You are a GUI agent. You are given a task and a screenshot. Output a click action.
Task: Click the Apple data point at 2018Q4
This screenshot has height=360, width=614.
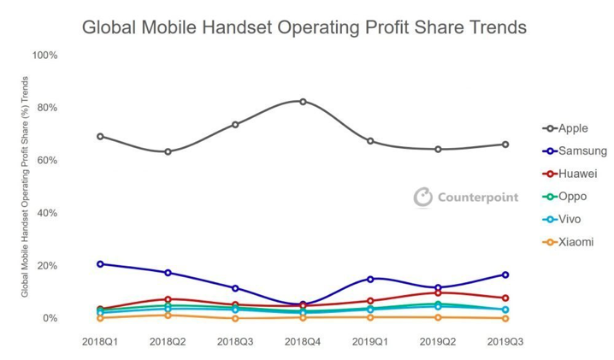pos(303,101)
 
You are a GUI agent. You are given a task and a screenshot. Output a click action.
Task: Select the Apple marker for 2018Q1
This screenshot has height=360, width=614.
pos(101,136)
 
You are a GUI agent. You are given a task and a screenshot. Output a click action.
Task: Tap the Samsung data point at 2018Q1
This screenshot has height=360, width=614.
pos(101,263)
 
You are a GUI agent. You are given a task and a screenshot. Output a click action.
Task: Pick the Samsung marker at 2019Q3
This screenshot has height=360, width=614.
pos(505,274)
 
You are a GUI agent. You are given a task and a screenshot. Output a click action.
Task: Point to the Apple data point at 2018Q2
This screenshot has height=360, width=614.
pos(168,151)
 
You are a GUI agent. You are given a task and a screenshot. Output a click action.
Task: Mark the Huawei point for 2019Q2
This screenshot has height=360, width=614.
pos(438,292)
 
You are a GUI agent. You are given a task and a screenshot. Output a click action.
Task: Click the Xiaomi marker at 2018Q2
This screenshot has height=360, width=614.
pos(168,315)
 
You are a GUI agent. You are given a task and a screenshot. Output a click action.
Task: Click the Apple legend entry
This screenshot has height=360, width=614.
pos(572,128)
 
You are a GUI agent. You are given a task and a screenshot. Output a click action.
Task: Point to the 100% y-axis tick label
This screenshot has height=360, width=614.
pos(44,55)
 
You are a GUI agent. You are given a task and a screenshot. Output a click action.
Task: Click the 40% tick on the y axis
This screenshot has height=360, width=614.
pos(47,213)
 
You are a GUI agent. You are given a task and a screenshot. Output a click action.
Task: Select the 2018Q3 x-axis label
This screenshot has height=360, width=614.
pos(235,340)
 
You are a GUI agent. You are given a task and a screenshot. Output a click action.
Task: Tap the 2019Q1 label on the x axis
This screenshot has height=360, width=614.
pos(370,340)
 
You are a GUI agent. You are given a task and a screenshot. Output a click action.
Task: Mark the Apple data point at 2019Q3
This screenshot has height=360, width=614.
pos(505,145)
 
